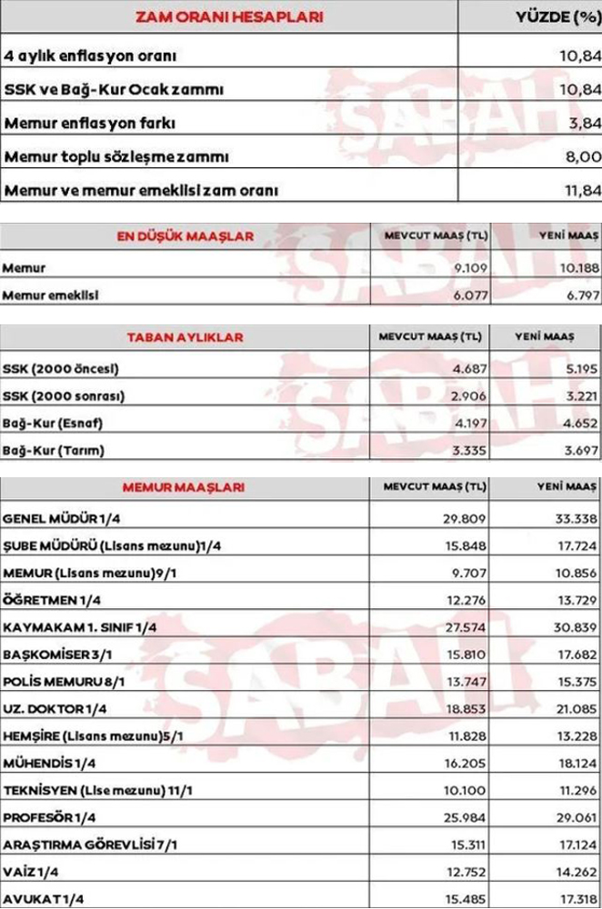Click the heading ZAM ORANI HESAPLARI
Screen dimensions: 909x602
pyautogui.click(x=228, y=16)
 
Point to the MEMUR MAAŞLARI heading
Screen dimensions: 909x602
pyautogui.click(x=183, y=487)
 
